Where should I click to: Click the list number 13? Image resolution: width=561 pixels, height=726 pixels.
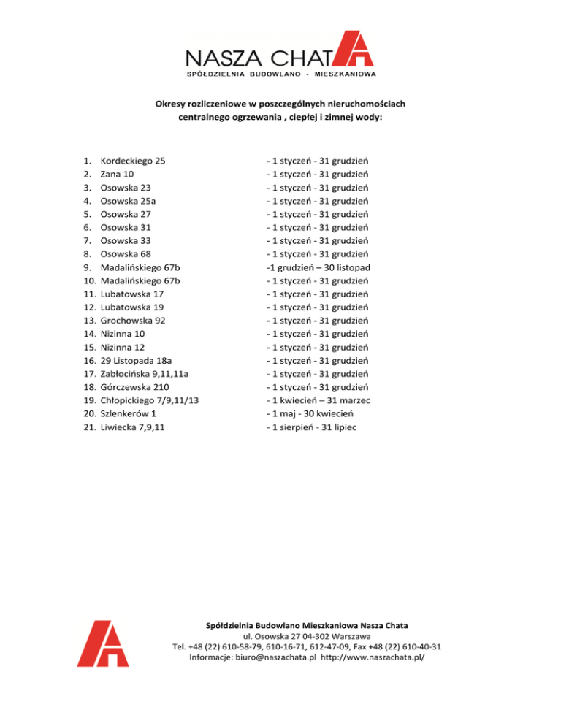pos(86,321)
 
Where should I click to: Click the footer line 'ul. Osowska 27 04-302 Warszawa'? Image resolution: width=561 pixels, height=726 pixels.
pos(306,636)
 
